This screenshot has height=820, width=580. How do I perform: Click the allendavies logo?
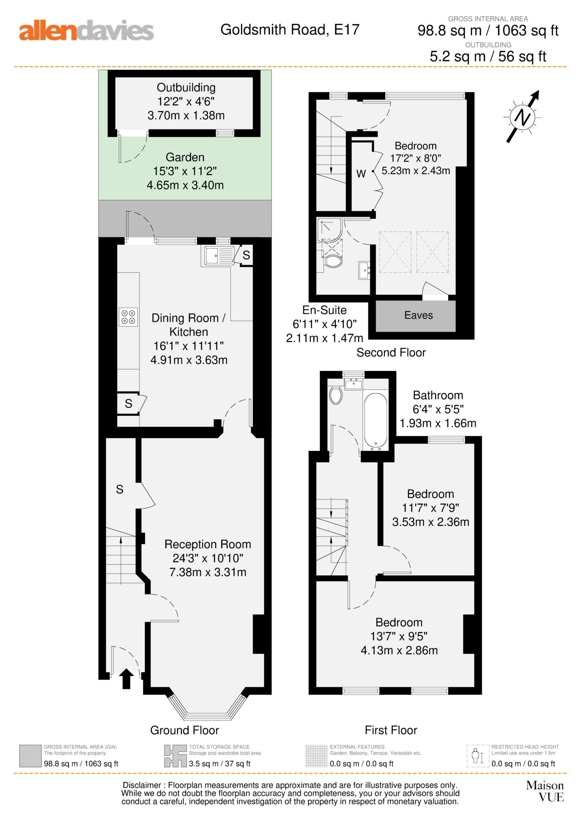86,31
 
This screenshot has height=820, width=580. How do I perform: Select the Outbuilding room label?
186,87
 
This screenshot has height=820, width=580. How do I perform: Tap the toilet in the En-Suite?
333,262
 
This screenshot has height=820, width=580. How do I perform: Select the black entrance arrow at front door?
126,678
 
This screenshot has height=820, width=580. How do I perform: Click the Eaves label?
418,315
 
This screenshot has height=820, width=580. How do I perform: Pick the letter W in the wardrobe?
361,174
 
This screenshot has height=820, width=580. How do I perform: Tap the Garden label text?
185,157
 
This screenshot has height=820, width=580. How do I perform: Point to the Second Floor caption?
391,352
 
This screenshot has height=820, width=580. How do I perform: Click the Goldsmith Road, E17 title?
289,30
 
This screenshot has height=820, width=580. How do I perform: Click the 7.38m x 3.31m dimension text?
208,572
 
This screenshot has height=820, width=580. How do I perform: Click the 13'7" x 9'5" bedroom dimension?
398,636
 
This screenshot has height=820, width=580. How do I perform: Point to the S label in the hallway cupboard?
119,489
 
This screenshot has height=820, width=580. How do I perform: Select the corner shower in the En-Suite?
329,229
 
